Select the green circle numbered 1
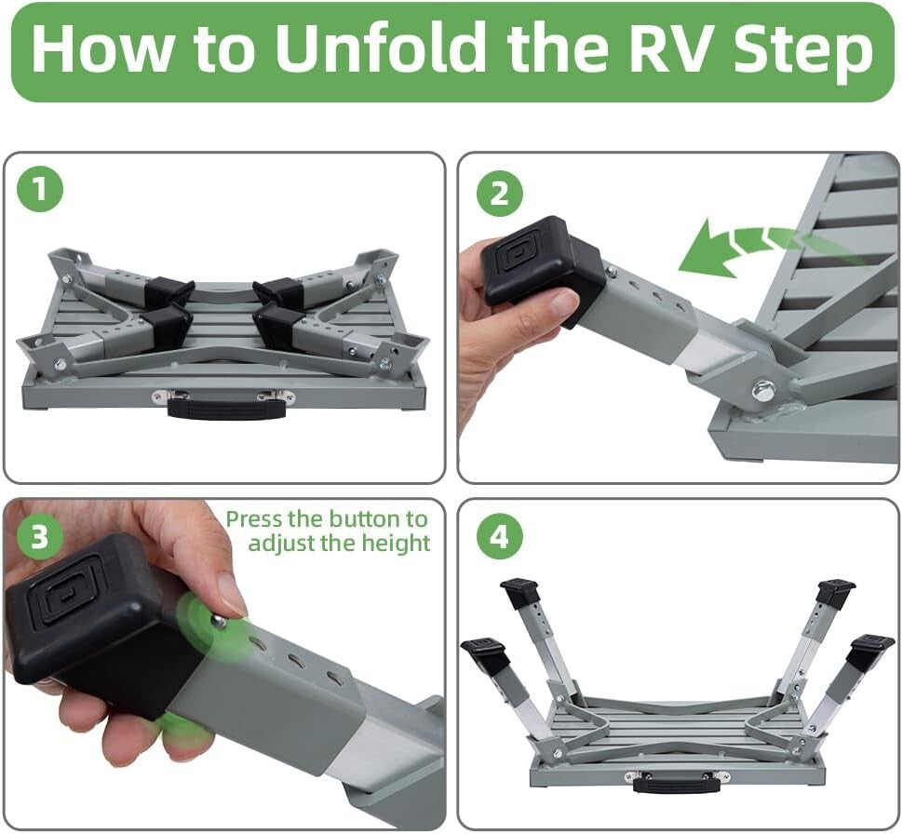39,190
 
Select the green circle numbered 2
500,194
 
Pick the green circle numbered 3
38,537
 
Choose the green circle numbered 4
500,537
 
